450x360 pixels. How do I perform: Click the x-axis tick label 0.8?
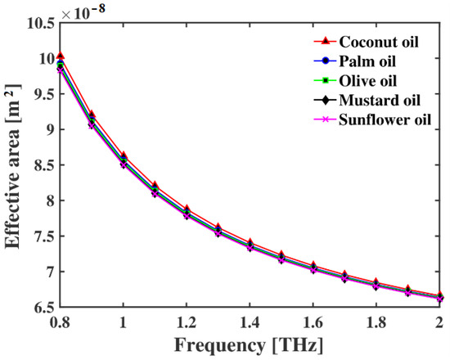click(60, 322)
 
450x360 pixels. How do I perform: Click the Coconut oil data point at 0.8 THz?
click(60, 56)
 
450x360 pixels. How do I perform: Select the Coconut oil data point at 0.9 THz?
click(92, 115)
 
